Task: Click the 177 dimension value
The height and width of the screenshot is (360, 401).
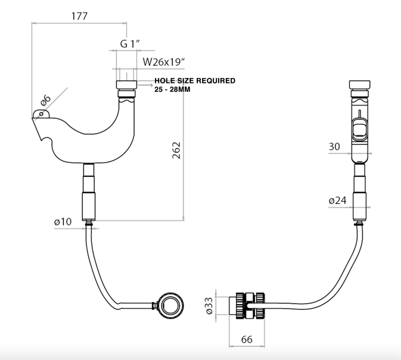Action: (x=79, y=16)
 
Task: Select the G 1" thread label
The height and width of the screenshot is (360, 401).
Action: (x=130, y=44)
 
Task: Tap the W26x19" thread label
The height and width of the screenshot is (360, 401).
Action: (x=165, y=61)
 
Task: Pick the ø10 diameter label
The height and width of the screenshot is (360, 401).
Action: (x=63, y=222)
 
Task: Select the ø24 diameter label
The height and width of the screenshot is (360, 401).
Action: (x=337, y=200)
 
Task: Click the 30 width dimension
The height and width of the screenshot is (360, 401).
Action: (x=336, y=147)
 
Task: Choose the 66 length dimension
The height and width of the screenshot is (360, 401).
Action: (x=245, y=339)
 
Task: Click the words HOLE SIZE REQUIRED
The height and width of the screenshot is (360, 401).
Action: (x=195, y=80)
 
